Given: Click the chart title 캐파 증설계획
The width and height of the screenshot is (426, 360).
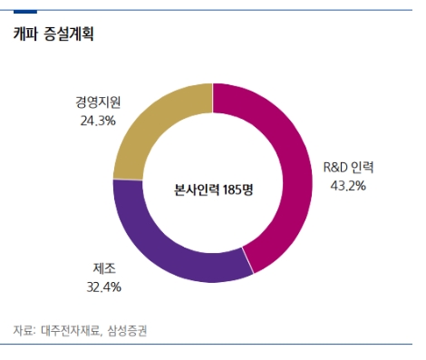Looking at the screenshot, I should tap(53, 35).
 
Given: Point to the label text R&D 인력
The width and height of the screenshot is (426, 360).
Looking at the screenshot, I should tap(348, 168).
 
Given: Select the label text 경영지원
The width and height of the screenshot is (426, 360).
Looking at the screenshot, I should tap(96, 103).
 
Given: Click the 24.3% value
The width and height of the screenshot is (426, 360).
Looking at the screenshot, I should tap(96, 121).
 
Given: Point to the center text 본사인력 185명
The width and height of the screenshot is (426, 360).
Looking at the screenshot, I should tap(213, 190).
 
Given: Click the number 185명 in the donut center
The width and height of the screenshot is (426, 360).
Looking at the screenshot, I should tap(236, 190).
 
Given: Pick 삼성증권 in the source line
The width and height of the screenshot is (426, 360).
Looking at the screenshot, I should tap(128, 331).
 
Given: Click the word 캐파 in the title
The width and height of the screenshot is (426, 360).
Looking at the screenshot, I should tap(25, 35).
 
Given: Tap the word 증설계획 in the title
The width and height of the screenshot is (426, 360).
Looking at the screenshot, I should tap(68, 35).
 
